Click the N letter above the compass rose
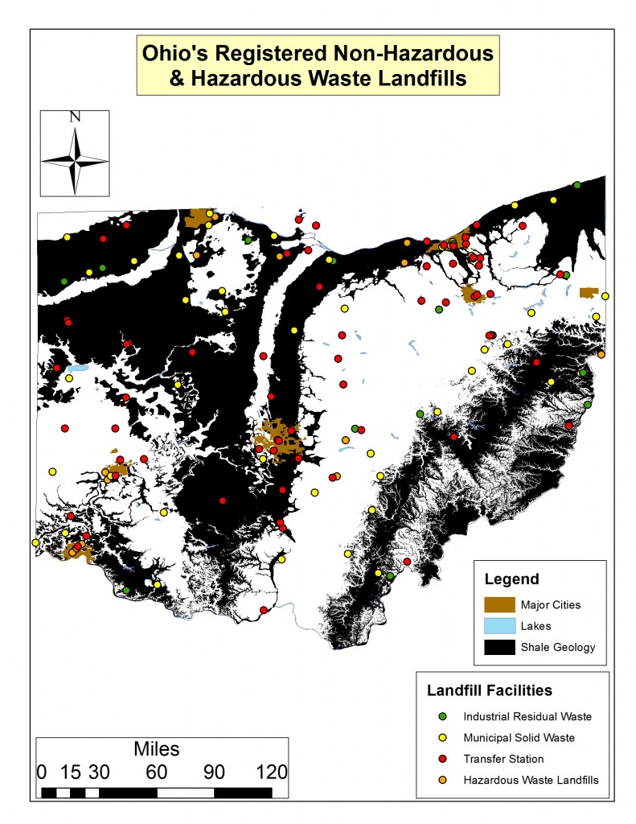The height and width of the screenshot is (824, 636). (75, 117)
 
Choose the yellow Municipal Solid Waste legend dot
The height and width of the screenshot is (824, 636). (442, 737)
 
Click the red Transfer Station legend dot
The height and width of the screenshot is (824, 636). (442, 758)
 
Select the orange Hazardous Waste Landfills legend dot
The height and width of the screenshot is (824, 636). (442, 779)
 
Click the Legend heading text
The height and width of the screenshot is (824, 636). (511, 579)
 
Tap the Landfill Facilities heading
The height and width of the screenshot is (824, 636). (489, 690)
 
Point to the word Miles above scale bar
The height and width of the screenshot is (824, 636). (157, 749)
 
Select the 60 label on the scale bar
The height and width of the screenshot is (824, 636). (156, 772)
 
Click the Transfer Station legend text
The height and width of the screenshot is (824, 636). (503, 759)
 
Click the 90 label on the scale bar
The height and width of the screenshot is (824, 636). (214, 772)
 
